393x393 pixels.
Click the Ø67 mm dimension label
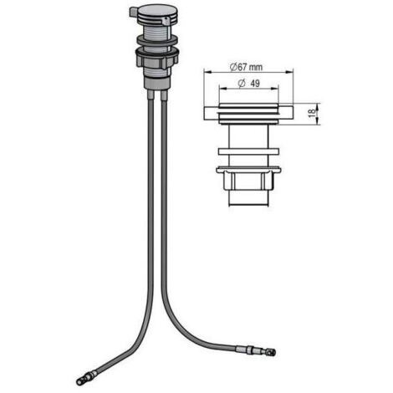click(246, 67)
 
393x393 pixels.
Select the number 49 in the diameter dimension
click(255, 83)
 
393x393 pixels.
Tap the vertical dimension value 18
click(313, 112)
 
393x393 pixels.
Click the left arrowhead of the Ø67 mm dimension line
click(207, 72)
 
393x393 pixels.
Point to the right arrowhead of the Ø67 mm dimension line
click(290, 72)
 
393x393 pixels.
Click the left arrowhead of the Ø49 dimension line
click(223, 89)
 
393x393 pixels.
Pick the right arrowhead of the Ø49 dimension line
click(275, 89)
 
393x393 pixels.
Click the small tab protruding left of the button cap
click(133, 13)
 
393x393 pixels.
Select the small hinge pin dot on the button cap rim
click(166, 20)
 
